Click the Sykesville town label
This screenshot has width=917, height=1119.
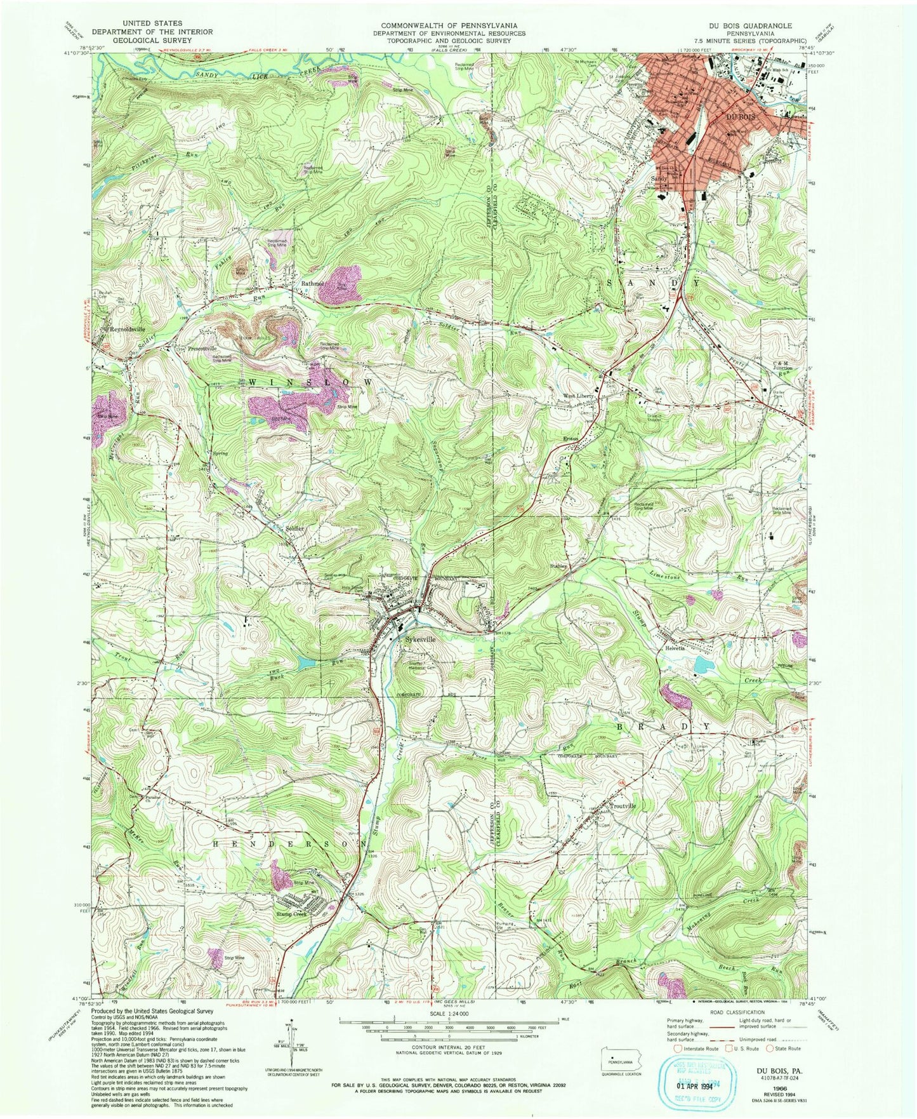(x=420, y=640)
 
